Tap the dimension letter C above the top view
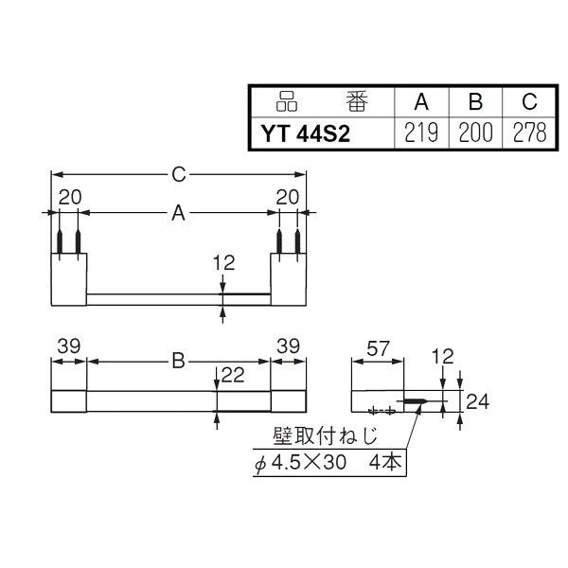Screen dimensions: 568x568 178,174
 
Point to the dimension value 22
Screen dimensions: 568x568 233,376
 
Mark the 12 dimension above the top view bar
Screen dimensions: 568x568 223,262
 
